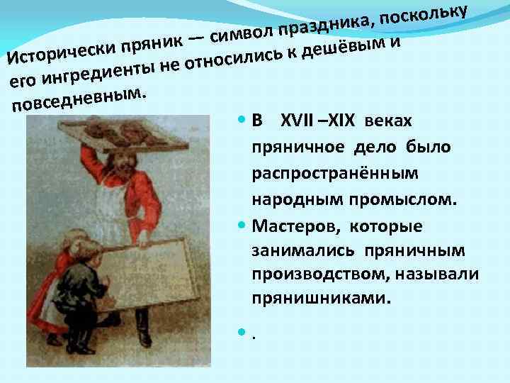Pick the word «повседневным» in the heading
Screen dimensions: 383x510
click(78, 100)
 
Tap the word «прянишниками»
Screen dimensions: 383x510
click(320, 299)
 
